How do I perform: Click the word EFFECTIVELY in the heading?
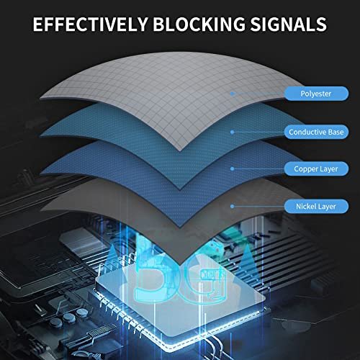[90, 24]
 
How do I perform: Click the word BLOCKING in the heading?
[199, 24]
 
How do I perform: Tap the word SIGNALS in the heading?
[289, 24]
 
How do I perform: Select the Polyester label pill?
[316, 94]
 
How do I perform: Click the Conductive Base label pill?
[316, 132]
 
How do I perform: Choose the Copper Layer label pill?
[316, 169]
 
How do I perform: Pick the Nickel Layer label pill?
[316, 207]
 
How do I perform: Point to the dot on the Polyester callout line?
[232, 94]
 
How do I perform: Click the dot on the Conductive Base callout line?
[232, 132]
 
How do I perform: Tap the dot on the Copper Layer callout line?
[232, 169]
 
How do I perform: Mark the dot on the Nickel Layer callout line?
[232, 206]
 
